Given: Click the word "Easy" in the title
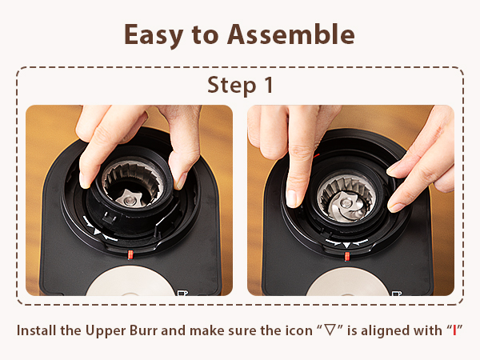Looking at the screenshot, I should [157, 34].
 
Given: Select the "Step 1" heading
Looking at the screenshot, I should [239, 85].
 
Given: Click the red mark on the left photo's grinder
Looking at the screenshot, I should [129, 254].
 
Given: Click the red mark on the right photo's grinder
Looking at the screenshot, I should [346, 256].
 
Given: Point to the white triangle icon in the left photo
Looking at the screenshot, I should [98, 231].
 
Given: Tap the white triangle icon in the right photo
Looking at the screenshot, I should [346, 244].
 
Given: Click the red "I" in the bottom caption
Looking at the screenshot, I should [456, 330].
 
